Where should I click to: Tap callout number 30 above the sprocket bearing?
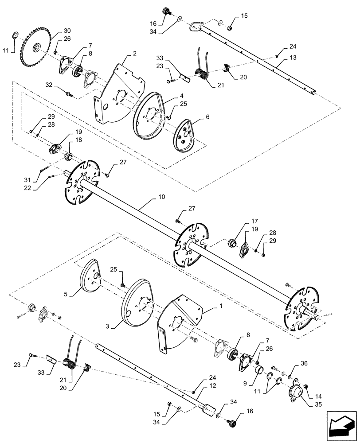point(67,31)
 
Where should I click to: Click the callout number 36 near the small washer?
point(304,364)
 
